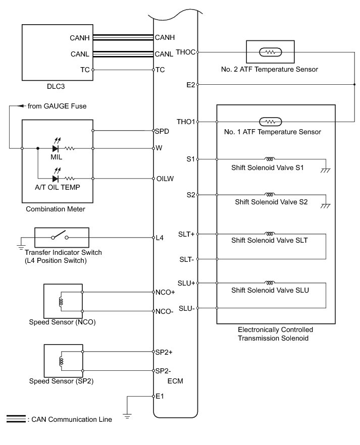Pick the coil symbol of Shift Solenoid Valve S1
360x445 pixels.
(x=271, y=158)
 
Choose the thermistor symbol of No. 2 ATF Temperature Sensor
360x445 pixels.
(x=270, y=51)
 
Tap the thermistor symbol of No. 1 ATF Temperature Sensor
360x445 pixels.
(x=270, y=122)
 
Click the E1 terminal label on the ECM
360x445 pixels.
(x=161, y=396)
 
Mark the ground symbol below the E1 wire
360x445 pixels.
(x=128, y=417)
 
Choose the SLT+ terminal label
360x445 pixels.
(x=187, y=234)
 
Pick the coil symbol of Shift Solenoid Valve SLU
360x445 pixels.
(x=271, y=283)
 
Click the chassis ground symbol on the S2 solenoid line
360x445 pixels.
(x=326, y=205)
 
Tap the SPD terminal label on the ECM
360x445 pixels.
(x=162, y=131)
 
